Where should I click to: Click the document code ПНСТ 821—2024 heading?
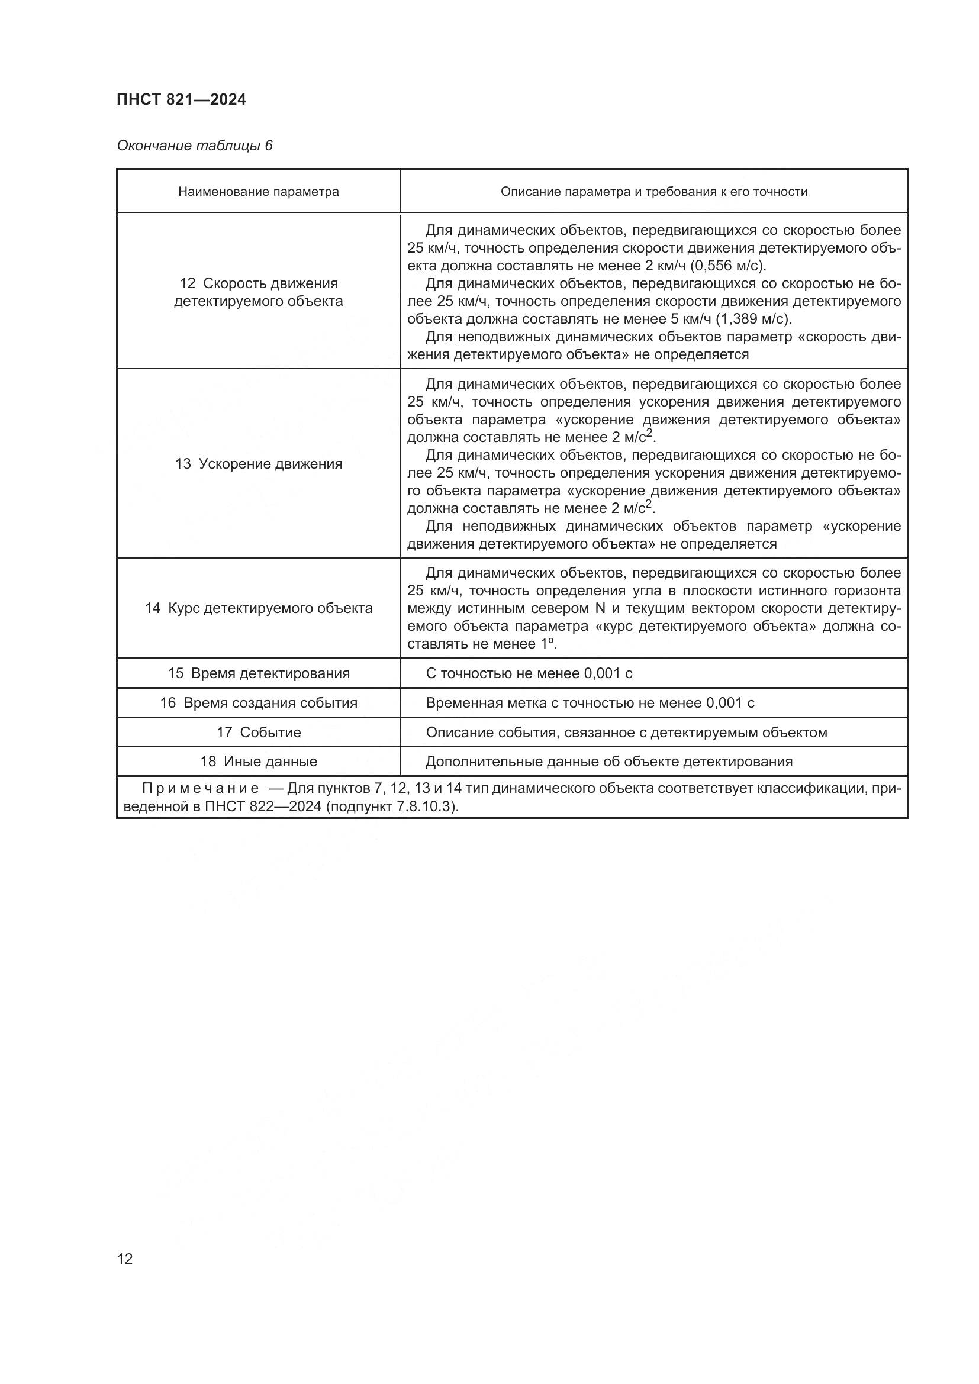click(182, 100)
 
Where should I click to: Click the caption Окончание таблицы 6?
click(195, 146)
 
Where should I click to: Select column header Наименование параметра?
click(259, 192)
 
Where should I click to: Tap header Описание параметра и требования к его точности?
click(654, 192)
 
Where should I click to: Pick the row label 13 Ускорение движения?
click(259, 463)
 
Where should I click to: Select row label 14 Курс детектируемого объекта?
click(259, 608)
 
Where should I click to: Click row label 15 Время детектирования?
click(259, 673)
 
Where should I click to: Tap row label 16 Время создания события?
click(259, 703)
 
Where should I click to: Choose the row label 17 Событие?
click(259, 733)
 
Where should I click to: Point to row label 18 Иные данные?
click(259, 762)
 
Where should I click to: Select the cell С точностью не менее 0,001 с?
click(529, 673)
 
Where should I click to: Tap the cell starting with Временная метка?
click(590, 703)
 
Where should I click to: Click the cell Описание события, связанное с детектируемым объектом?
click(626, 733)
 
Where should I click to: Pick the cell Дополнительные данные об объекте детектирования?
click(609, 762)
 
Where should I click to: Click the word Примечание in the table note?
click(200, 788)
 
